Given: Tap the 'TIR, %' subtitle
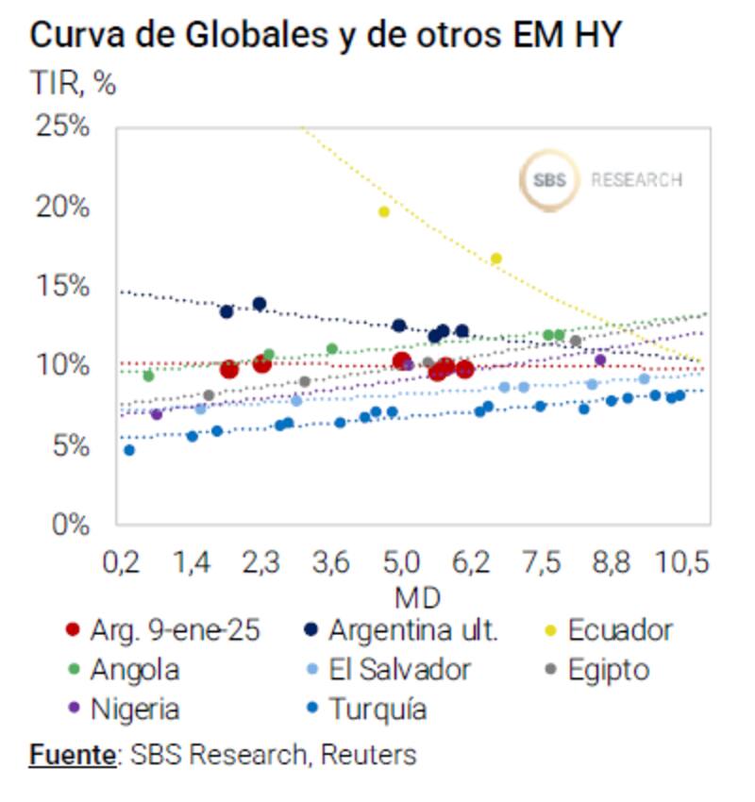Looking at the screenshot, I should tap(74, 83).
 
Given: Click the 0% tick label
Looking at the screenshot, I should tap(71, 524).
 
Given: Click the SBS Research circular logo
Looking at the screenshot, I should tap(549, 179).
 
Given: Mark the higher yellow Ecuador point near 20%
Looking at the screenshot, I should tap(384, 211).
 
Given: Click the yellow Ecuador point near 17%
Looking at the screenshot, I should tap(496, 259).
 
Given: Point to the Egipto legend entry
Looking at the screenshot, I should tap(608, 670).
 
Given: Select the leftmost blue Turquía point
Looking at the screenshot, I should tap(129, 450).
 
